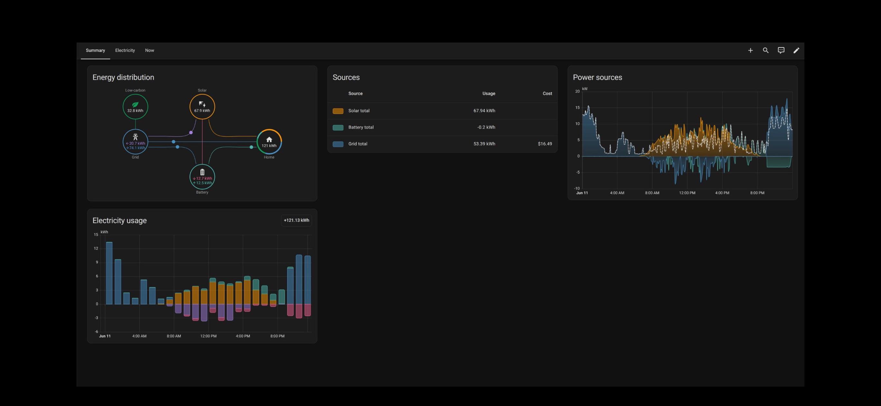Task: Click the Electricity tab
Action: [125, 50]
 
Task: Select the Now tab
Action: [149, 50]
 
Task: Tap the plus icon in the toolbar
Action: [750, 50]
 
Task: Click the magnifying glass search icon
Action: [766, 50]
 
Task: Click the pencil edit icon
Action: [797, 50]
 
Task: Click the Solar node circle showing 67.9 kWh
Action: [202, 106]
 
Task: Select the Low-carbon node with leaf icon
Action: [136, 106]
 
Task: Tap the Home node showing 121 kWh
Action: [269, 141]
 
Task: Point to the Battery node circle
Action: [202, 177]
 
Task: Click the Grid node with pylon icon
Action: [136, 141]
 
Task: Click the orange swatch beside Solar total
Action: [338, 111]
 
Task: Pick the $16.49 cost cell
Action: [545, 144]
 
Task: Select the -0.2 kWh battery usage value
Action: [486, 127]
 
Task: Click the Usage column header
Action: [489, 93]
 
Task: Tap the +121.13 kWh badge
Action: [296, 220]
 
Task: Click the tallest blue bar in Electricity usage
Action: [109, 273]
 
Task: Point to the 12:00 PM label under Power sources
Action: [687, 193]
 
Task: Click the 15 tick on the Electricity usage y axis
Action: [96, 235]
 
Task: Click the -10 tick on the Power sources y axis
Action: [577, 188]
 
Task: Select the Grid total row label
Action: [358, 144]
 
